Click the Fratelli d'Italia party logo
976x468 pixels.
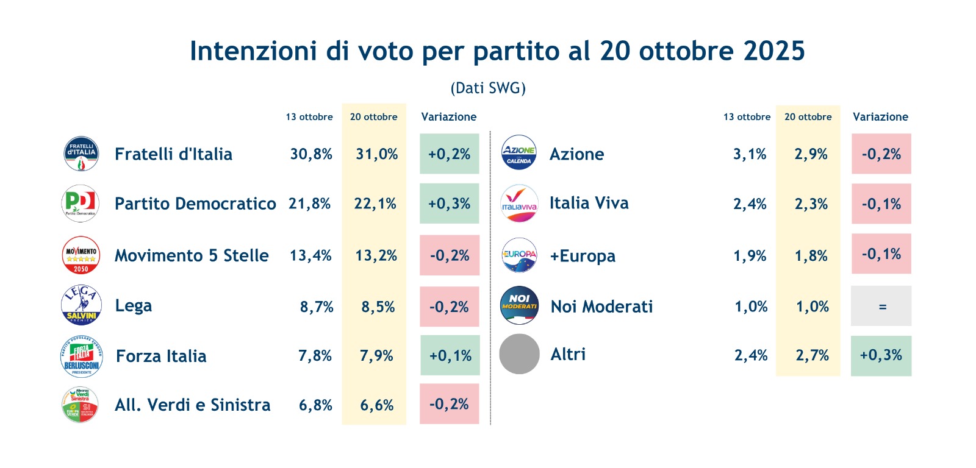click(81, 154)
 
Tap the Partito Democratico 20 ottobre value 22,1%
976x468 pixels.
click(375, 204)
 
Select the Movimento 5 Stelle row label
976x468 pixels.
click(192, 255)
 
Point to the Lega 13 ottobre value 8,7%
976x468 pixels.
click(317, 307)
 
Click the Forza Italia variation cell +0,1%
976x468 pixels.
click(450, 355)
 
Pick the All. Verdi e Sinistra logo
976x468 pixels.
click(81, 405)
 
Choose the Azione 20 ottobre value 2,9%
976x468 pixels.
click(811, 154)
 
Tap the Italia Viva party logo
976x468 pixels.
click(519, 204)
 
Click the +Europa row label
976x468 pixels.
click(583, 256)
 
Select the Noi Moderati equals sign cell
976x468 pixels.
click(881, 307)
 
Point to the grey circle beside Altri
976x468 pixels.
click(519, 354)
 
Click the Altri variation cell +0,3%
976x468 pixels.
click(881, 355)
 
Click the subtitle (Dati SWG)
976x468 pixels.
click(488, 88)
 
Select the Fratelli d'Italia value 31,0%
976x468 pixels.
click(376, 154)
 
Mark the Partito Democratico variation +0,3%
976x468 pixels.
click(449, 204)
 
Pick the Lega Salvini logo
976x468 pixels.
click(81, 305)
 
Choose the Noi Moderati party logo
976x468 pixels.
click(519, 306)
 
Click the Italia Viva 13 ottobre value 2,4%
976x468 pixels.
click(750, 204)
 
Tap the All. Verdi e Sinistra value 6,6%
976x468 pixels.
click(376, 405)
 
